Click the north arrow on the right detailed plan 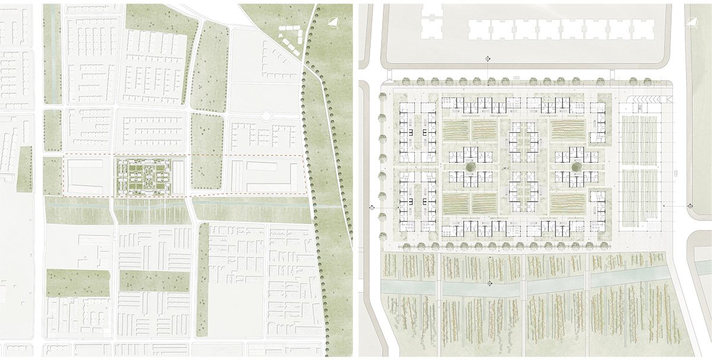tap(692, 21)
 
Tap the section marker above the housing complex tap(488, 58)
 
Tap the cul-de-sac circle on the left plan tap(265, 116)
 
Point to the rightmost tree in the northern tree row tap(609, 78)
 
